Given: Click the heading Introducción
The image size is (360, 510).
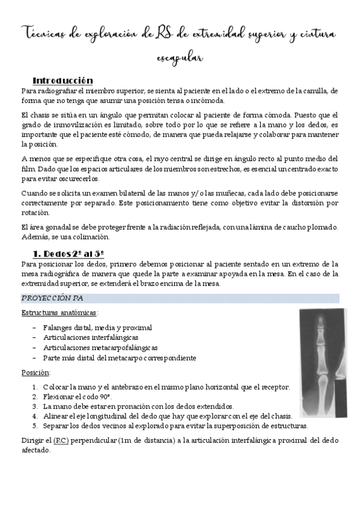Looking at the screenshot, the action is (63, 80).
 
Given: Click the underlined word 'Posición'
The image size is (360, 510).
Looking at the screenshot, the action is (35, 372).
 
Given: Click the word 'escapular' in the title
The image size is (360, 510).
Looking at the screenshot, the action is (179, 58).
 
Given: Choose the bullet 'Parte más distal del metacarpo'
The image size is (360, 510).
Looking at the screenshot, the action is (119, 358).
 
